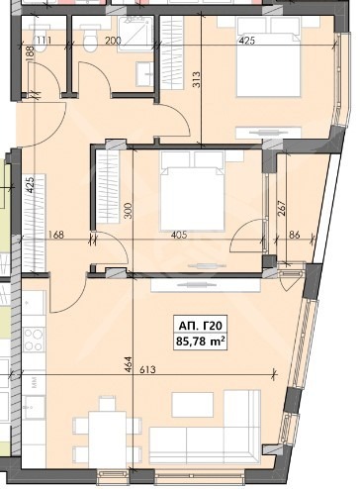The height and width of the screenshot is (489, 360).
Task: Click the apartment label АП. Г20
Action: point(201,326)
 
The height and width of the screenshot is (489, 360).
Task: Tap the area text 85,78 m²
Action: point(201,341)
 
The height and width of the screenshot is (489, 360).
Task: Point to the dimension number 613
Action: point(147,369)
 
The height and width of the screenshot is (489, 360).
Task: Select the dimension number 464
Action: point(129,364)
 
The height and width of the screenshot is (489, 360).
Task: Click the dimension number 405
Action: point(179,235)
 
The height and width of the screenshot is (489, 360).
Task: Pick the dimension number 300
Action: point(129,211)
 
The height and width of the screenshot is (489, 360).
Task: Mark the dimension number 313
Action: point(197,79)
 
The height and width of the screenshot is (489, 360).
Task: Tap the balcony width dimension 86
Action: point(295,235)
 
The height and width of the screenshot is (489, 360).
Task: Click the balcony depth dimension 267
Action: point(281,209)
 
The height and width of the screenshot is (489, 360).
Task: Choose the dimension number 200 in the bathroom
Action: point(113,41)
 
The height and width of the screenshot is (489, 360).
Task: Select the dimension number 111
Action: point(44,41)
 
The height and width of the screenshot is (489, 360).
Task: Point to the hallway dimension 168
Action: point(55,235)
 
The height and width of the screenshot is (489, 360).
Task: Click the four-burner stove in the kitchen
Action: point(34,340)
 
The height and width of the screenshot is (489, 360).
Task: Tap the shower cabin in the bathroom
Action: point(136,33)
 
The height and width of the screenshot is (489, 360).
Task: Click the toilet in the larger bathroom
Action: point(90,41)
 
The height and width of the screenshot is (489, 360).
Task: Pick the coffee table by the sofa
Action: point(193,405)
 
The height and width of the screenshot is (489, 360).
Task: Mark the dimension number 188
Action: point(30,52)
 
